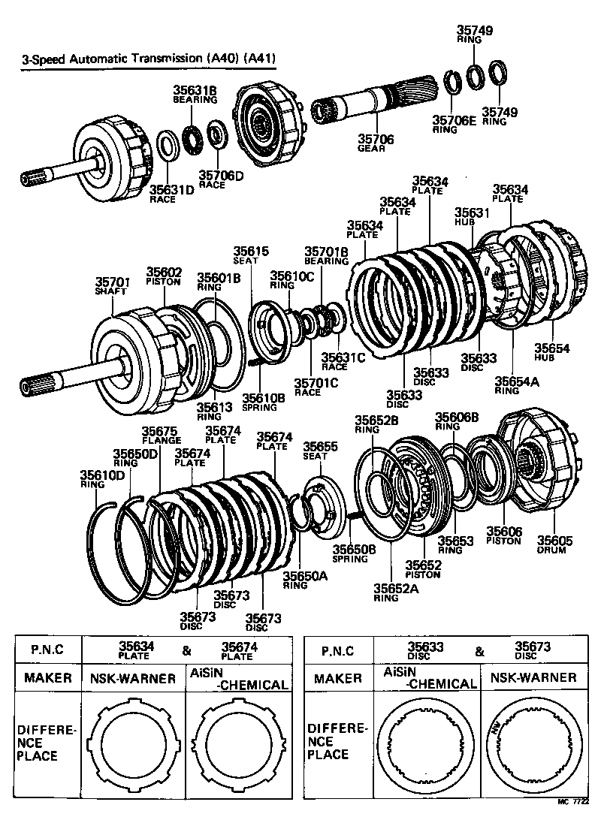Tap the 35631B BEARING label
[x=195, y=95]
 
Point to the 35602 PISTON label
[x=164, y=276]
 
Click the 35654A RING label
[x=507, y=385]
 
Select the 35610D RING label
[x=103, y=479]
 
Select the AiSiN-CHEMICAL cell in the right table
[x=430, y=677]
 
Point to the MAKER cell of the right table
[x=337, y=678]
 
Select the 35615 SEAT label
[x=250, y=255]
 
